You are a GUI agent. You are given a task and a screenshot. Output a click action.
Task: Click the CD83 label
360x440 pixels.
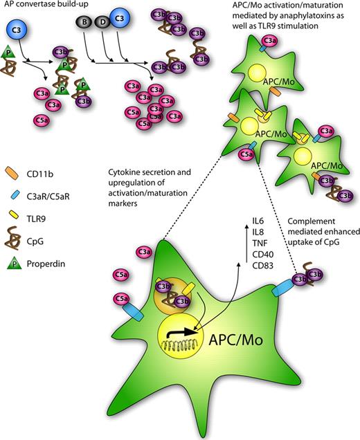[262, 266]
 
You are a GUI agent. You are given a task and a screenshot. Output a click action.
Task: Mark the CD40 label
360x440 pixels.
[262, 254]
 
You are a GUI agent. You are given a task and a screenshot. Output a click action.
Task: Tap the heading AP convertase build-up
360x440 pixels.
[42, 6]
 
